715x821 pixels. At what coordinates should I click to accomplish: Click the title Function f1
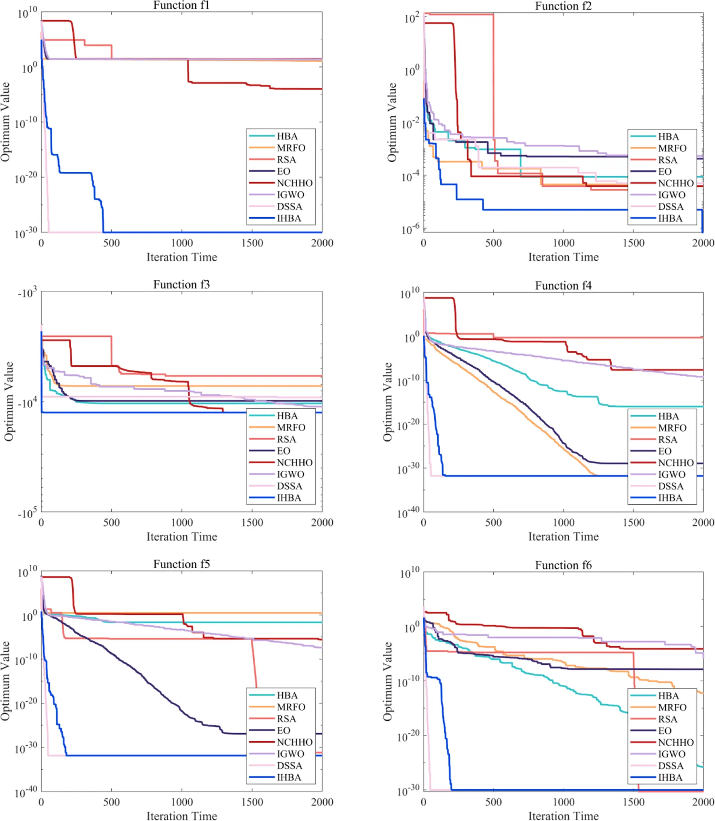[x=181, y=5]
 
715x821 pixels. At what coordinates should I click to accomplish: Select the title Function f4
[x=563, y=285]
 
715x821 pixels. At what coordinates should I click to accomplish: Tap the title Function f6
[x=563, y=565]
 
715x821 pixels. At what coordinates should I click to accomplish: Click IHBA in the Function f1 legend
[x=289, y=218]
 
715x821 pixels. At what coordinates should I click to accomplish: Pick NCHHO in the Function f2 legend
[x=676, y=183]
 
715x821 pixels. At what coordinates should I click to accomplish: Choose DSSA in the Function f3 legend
[x=289, y=486]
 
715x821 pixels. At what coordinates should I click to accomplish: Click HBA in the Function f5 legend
[x=287, y=695]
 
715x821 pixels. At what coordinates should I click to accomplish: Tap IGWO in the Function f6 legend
[x=671, y=754]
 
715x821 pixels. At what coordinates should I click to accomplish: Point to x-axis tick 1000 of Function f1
[x=182, y=243]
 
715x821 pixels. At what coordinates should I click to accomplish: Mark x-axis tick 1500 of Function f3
[x=252, y=522]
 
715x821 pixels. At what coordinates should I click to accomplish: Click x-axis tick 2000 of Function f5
[x=322, y=802]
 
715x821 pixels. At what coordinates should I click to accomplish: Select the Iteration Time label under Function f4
[x=563, y=537]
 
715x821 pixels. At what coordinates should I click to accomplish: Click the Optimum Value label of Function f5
[x=5, y=681]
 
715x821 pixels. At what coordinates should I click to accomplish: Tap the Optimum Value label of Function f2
[x=392, y=122]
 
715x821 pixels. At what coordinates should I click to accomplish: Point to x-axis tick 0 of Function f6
[x=423, y=802]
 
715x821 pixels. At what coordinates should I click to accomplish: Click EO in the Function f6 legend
[x=665, y=731]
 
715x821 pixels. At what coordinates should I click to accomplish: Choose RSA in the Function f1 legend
[x=286, y=160]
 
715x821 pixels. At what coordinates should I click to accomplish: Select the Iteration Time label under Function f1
[x=181, y=257]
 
